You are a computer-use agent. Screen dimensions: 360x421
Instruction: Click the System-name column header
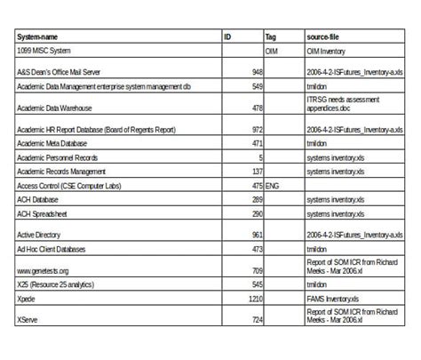pos(41,38)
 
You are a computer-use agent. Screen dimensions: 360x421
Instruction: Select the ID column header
pos(228,38)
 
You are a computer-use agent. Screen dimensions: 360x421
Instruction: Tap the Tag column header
pos(271,38)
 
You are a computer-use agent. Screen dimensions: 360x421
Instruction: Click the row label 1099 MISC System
pos(45,52)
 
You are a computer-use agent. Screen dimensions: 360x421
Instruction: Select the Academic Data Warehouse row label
pos(55,108)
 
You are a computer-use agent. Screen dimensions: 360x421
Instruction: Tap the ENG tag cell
pos(273,186)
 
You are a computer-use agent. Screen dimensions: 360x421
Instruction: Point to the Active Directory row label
pos(41,235)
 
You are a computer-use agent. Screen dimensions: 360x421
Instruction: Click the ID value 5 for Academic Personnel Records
pos(260,157)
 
